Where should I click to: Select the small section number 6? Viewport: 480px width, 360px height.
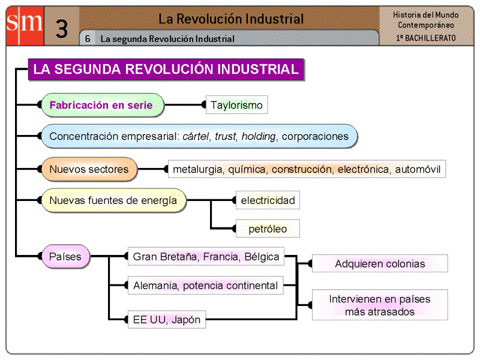(x=88, y=39)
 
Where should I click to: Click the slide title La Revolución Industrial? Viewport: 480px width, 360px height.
(x=231, y=19)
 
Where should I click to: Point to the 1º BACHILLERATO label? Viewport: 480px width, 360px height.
(x=426, y=38)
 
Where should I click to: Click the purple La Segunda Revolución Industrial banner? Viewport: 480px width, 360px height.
(x=166, y=69)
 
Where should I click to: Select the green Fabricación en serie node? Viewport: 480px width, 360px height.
(x=101, y=105)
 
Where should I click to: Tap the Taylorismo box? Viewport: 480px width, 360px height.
(x=236, y=105)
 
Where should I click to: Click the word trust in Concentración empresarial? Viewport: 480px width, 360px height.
(x=225, y=136)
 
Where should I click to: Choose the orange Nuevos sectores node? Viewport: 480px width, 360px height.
(x=89, y=169)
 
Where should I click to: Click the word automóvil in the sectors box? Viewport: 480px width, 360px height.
(x=418, y=169)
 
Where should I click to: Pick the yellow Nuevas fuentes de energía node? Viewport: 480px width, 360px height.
(x=113, y=200)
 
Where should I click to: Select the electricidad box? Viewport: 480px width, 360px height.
(x=268, y=200)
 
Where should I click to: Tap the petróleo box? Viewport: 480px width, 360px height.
(x=268, y=229)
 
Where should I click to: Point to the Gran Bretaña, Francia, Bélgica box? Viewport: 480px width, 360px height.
(x=206, y=257)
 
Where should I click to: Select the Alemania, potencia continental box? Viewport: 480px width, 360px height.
(x=206, y=286)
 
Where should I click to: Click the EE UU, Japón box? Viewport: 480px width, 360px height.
(x=166, y=319)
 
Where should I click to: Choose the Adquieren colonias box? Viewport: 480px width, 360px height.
(x=380, y=263)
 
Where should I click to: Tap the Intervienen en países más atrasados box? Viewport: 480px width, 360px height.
(x=380, y=305)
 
